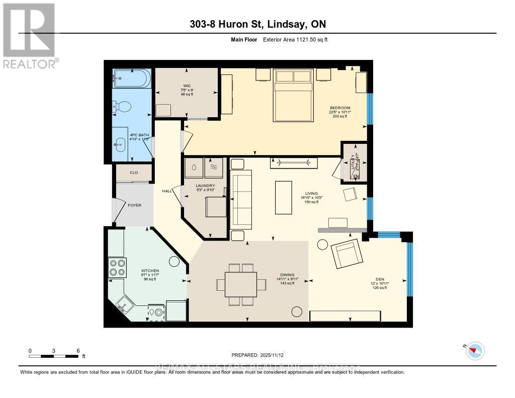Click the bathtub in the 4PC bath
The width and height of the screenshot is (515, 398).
131,78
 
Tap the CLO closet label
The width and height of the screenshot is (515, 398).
134,173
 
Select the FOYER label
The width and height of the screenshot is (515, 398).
134,205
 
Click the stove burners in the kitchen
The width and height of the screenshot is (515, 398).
117,267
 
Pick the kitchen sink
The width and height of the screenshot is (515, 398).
124,303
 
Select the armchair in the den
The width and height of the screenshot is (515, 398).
347,254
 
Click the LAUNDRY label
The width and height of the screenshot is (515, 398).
204,185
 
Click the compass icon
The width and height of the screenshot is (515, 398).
475,351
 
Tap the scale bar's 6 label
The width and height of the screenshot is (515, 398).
77,350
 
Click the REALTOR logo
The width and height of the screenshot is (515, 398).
29,35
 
